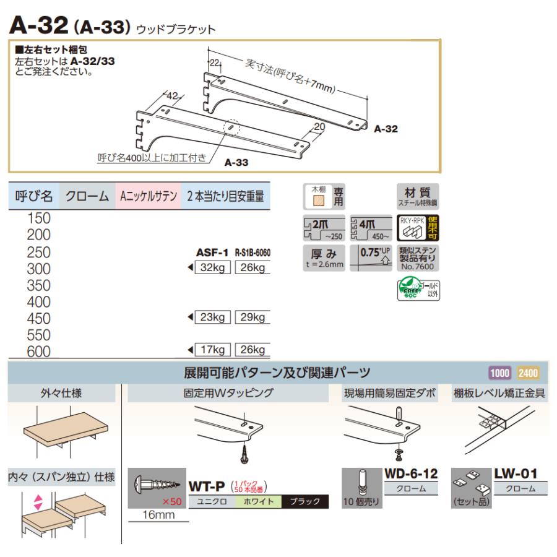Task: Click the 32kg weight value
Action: tap(213, 268)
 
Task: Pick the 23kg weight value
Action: tap(213, 317)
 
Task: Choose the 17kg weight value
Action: tap(213, 351)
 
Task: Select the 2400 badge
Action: tap(527, 373)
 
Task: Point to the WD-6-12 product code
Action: tap(411, 474)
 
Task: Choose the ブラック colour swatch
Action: tap(304, 501)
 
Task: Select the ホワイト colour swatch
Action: tap(257, 501)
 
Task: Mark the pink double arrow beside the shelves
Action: tap(37, 502)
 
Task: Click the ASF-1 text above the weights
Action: tap(212, 253)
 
